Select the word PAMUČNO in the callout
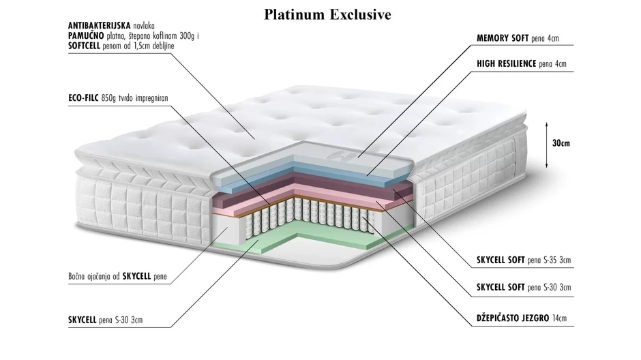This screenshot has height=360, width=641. tap(85, 35)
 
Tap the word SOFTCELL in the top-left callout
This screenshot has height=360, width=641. tap(86, 45)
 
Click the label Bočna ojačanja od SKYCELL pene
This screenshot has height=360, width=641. tap(117, 276)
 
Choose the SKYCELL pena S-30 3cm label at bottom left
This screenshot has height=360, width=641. tap(106, 319)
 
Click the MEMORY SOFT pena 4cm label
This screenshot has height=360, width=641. tap(520, 39)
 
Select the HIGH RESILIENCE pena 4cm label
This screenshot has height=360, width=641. tap(521, 65)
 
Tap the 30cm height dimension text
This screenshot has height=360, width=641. tap(561, 144)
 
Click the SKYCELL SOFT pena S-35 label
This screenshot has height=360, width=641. tap(523, 260)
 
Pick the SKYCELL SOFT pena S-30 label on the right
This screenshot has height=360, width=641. tap(523, 288)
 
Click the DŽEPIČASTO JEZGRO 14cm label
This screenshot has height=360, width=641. tap(522, 318)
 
